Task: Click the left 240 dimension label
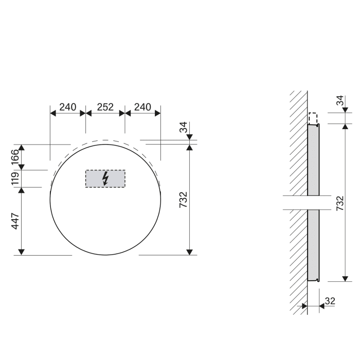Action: point(67,107)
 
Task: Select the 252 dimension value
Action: point(105,107)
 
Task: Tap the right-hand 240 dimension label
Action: point(142,107)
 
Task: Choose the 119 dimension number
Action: point(15,178)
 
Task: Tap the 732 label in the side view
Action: point(339,203)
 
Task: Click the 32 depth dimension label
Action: point(330,301)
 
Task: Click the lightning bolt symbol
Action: point(105,178)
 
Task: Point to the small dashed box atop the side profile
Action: point(313,118)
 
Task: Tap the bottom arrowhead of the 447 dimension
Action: point(22,251)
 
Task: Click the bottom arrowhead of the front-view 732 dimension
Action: point(190,251)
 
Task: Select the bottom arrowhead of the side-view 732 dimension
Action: point(345,278)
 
